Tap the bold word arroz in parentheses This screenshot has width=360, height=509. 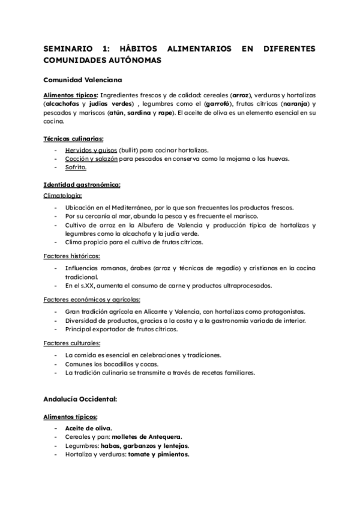point(240,95)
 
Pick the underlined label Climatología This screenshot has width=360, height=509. point(63,196)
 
